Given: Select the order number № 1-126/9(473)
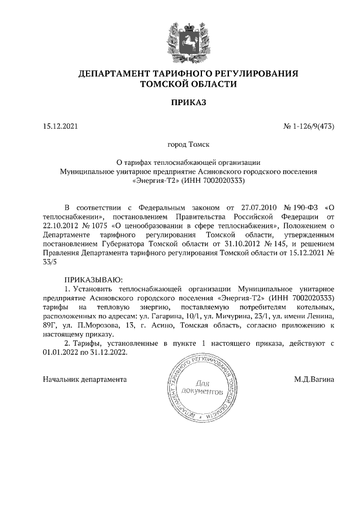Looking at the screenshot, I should (x=309, y=126).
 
